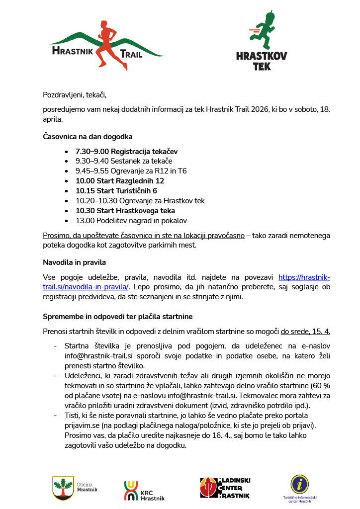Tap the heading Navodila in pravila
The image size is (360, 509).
coord(74,262)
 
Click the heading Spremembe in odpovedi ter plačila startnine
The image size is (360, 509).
coord(117,316)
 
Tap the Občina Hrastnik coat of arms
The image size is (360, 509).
coord(63,488)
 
